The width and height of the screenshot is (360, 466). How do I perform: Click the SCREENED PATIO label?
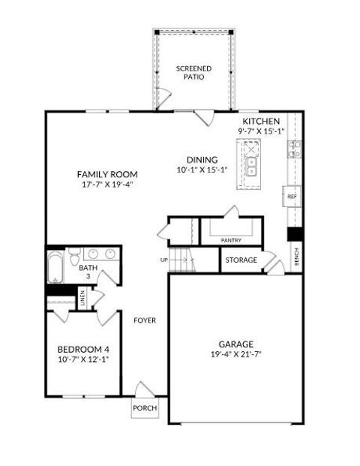(x=193, y=72)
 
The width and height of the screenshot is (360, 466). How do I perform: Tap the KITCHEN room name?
(x=261, y=122)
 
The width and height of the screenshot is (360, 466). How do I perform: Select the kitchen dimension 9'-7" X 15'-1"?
(x=261, y=132)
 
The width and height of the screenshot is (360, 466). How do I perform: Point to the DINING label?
(x=202, y=159)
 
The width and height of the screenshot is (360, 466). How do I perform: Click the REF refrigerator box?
(x=292, y=196)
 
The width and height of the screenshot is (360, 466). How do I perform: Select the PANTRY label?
(x=230, y=240)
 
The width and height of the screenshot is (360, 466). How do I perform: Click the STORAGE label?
(x=241, y=260)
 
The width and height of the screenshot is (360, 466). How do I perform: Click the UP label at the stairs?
(x=164, y=260)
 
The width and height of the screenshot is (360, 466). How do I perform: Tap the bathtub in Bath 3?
(x=56, y=268)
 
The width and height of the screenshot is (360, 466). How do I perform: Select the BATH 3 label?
(x=88, y=272)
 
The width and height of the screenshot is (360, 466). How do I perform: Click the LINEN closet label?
(x=82, y=298)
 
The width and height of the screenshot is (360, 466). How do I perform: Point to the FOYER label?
(x=145, y=320)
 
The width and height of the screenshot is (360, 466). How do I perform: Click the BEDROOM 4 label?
(x=83, y=349)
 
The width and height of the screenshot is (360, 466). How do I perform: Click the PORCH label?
(x=144, y=409)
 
